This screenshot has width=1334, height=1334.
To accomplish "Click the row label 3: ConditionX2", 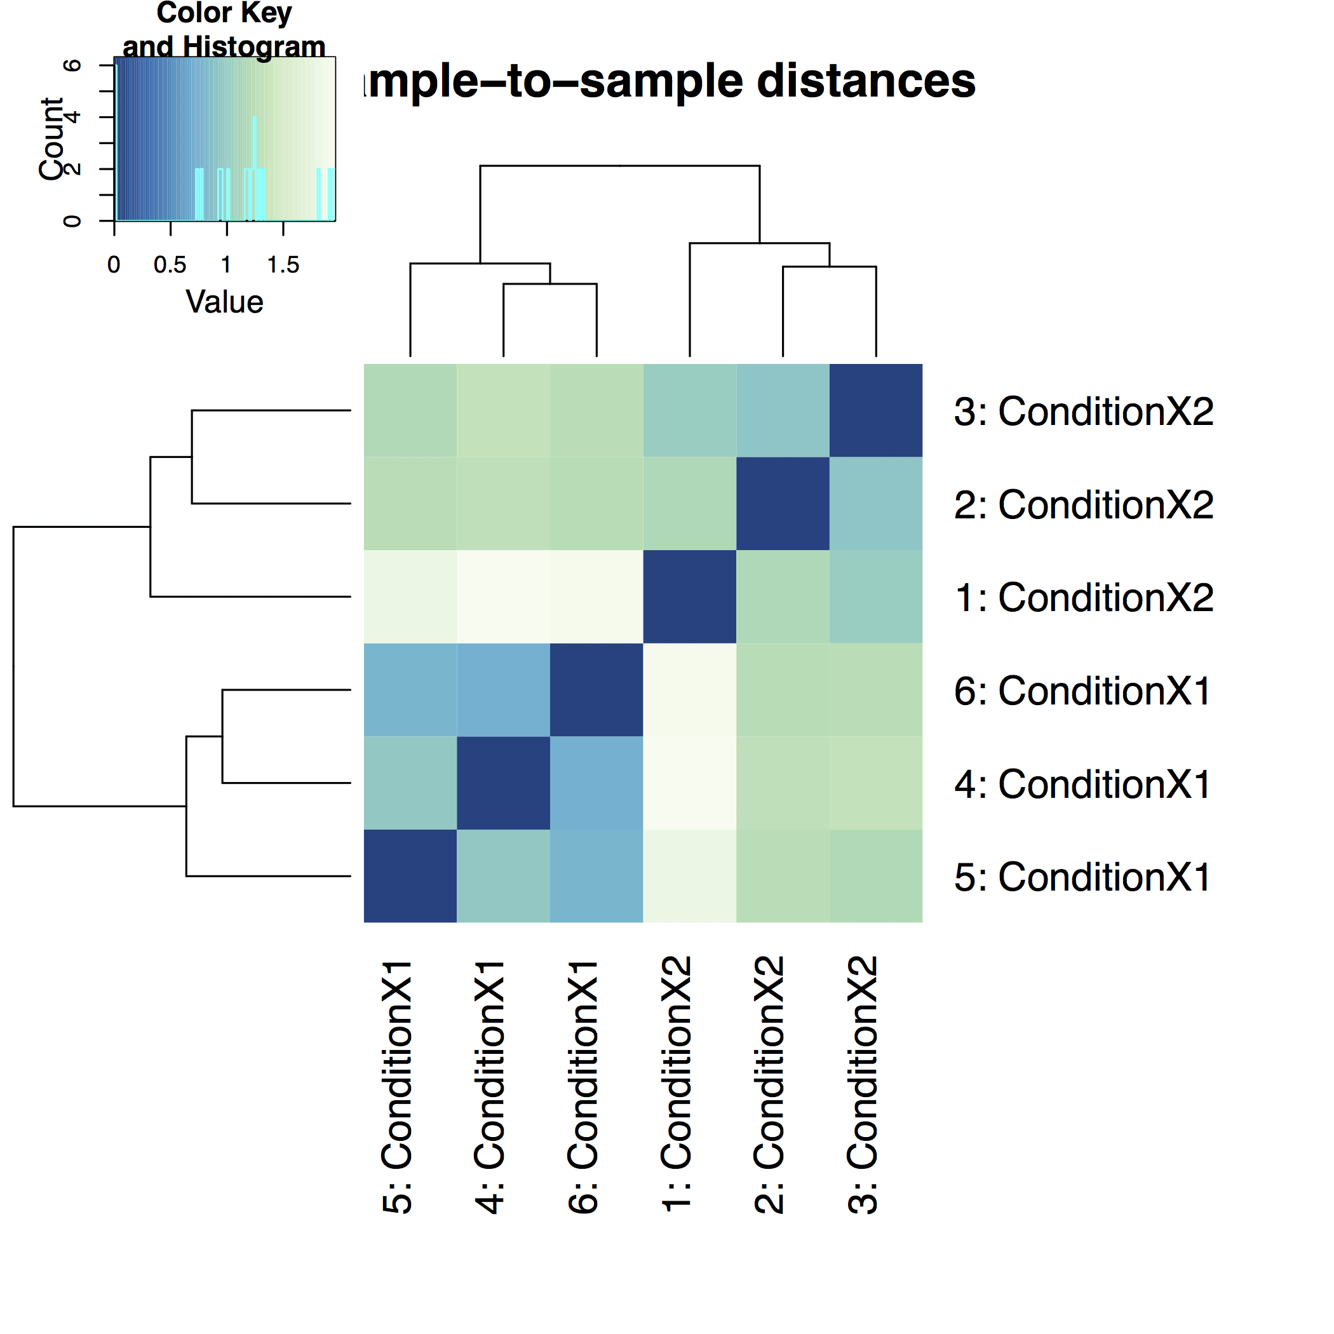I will (1083, 412).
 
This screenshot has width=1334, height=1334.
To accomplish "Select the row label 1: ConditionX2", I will (1083, 597).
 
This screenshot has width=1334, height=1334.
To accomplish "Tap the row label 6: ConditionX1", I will (1082, 691).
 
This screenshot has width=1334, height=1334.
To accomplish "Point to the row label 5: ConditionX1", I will (1082, 877).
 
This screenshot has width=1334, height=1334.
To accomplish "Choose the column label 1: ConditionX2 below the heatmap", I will (677, 1084).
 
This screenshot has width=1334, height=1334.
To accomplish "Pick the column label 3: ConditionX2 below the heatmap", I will (863, 1084).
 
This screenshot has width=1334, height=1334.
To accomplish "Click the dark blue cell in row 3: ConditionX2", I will (875, 410).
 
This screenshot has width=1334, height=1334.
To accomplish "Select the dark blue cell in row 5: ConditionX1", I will (410, 875).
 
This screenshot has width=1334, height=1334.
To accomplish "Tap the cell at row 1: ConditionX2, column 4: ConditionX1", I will (503, 596).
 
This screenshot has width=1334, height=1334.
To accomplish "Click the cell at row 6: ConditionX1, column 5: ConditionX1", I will (410, 690).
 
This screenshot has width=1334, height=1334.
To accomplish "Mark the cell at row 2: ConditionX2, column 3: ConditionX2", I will (875, 503).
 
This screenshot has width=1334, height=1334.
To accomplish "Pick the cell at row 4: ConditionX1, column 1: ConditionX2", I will (689, 783).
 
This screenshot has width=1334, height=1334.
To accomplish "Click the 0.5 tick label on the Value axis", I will (170, 265).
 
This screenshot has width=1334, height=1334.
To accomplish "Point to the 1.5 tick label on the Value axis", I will (283, 265).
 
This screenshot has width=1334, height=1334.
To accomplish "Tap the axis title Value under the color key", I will (224, 302).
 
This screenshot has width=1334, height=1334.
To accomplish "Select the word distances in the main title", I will (866, 81).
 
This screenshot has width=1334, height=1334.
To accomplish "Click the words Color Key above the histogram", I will (224, 13).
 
